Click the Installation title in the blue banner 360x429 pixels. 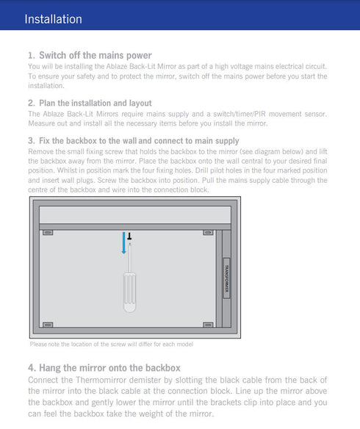point(53,19)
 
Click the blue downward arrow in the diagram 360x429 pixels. point(124,243)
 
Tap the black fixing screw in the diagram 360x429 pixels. point(129,236)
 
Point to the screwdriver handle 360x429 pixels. point(129,292)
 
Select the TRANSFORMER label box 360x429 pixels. point(226,278)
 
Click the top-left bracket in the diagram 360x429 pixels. point(48,233)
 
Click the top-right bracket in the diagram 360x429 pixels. point(208,233)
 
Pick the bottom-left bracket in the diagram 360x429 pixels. point(48,325)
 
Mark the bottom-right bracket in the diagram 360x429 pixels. point(208,325)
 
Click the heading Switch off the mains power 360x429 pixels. point(96,55)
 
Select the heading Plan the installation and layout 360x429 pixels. point(96,103)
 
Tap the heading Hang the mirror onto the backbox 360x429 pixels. point(109,368)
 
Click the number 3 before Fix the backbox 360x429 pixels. point(31,140)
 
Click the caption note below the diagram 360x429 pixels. point(112,345)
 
